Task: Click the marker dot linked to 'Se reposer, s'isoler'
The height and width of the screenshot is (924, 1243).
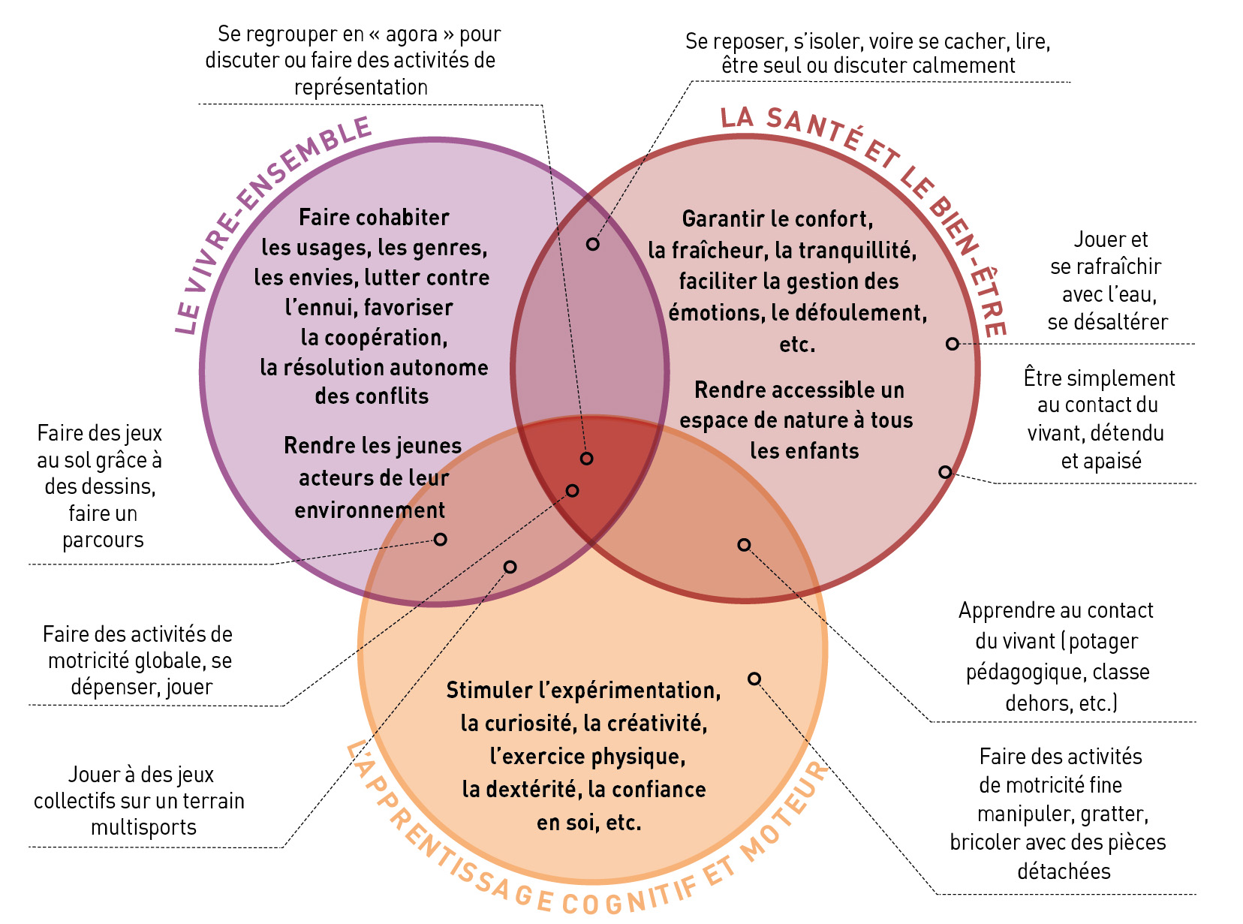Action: pos(593,244)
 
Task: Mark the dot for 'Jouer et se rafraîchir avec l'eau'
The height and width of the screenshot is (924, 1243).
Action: pos(952,344)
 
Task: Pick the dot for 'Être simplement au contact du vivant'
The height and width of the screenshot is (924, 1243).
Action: pos(945,471)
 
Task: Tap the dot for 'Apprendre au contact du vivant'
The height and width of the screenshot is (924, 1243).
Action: pos(744,544)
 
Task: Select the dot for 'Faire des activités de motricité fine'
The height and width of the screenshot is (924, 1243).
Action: pos(754,679)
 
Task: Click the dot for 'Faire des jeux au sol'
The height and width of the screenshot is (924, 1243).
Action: pos(441,539)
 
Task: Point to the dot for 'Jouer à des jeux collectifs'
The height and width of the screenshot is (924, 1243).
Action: pos(510,567)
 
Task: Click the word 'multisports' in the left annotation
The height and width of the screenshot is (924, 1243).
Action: pos(143,827)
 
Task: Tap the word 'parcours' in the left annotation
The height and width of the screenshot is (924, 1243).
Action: pos(103,540)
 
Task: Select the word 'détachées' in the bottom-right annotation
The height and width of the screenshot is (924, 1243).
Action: pos(1064,871)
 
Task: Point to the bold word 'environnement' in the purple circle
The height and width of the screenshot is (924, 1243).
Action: pos(370,510)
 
